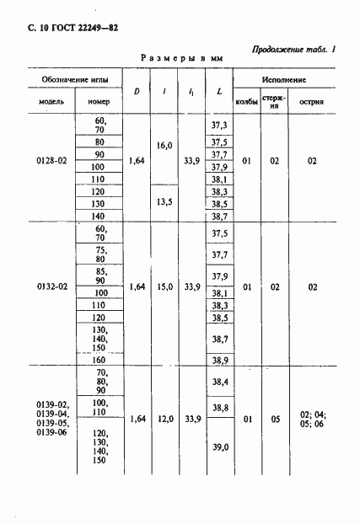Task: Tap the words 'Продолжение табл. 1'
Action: (293, 50)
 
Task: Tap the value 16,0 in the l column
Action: (164, 146)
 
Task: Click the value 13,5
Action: (164, 202)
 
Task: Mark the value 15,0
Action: (164, 287)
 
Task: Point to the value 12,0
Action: (164, 417)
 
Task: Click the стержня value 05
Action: (274, 417)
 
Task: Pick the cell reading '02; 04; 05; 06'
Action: (312, 417)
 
